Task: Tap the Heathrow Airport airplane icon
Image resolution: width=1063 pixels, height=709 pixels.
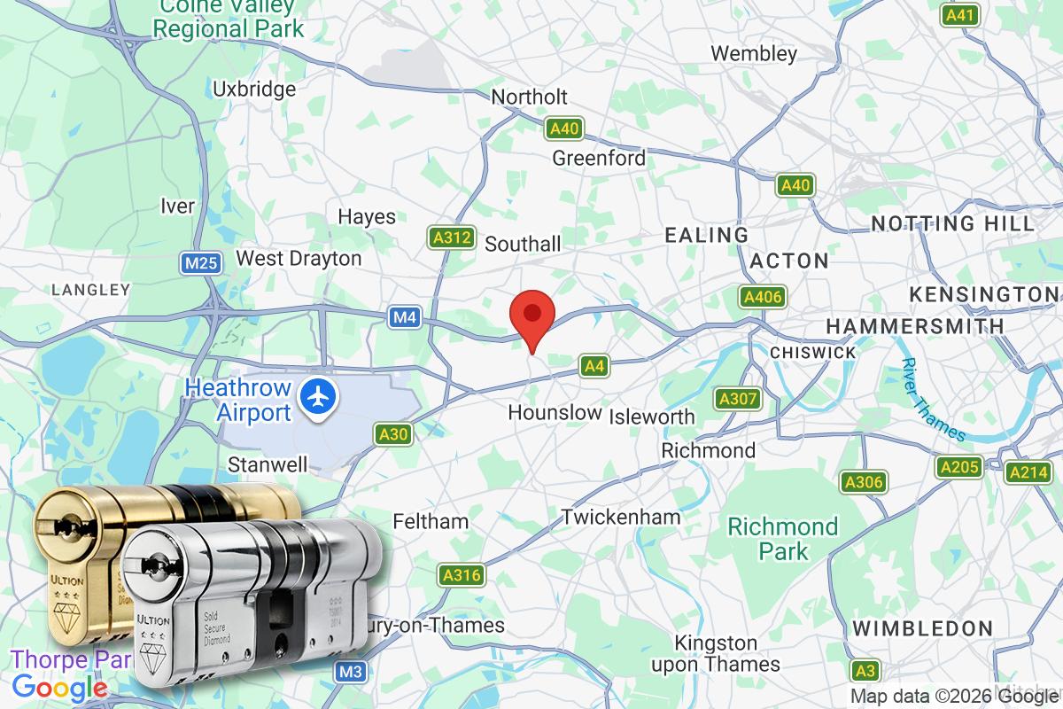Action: point(315,396)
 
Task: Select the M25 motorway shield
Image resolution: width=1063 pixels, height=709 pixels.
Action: point(199,263)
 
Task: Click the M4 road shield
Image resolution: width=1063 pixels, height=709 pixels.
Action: point(405,316)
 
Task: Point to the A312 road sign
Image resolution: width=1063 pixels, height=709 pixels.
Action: point(450,238)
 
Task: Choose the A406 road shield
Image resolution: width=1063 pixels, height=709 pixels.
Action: point(763,297)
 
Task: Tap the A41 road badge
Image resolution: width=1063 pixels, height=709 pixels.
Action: point(960,15)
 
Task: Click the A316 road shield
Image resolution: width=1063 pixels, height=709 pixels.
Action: point(462,575)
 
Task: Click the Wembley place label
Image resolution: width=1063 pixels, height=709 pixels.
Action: point(754,53)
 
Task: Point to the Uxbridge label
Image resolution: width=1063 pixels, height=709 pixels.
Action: point(254,89)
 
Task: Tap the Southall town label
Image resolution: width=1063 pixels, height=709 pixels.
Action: point(523,243)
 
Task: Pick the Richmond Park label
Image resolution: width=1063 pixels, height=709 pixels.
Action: point(782,539)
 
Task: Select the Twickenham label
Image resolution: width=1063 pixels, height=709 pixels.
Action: point(620,517)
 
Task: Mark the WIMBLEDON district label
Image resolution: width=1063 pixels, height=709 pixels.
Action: point(922,628)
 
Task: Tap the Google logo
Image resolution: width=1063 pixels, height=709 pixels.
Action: point(60,687)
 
